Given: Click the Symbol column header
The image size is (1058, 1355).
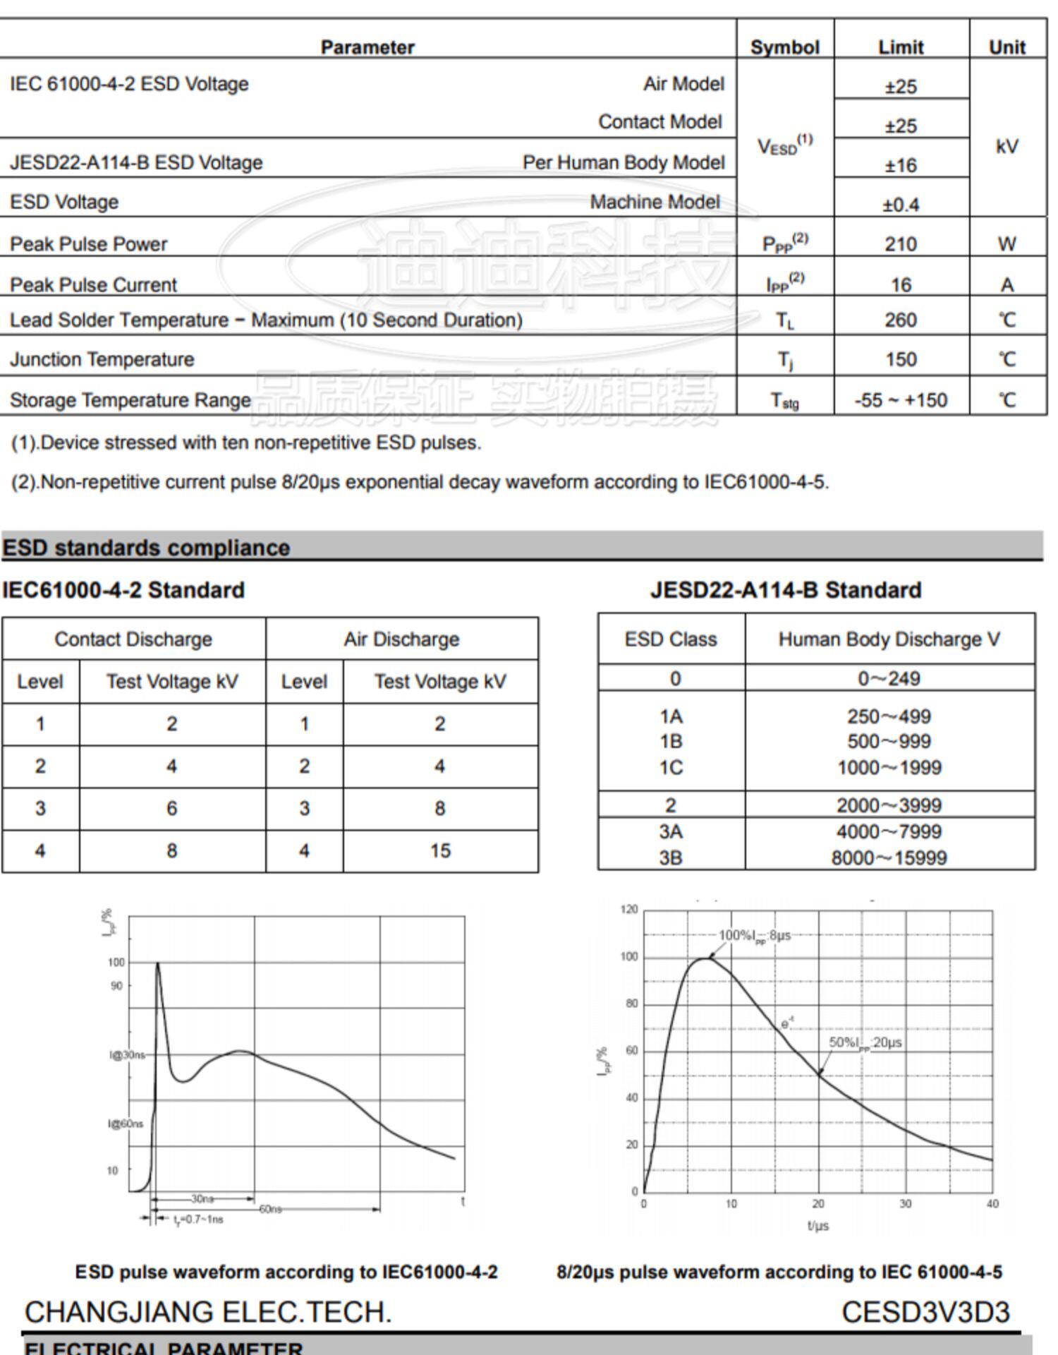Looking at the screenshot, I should click(784, 47).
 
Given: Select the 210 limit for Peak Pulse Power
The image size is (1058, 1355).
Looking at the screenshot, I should click(901, 244).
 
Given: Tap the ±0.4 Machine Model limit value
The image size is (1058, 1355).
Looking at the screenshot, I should click(901, 205).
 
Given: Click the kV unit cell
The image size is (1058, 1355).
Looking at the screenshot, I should click(1007, 146).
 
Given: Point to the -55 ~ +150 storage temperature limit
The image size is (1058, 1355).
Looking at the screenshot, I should click(901, 400).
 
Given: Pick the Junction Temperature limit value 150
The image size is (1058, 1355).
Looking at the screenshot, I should click(901, 359).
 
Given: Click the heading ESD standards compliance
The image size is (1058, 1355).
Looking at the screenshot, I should click(146, 548).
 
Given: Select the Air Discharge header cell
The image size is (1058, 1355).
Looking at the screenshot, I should click(401, 639).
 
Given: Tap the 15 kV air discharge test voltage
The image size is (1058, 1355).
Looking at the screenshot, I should click(440, 851).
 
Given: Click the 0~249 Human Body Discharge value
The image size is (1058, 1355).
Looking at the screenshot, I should click(889, 678).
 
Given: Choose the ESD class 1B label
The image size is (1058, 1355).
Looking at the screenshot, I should click(671, 742).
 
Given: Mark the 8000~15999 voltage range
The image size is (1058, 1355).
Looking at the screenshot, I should click(889, 858).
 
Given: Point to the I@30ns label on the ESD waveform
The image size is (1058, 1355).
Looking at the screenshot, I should click(127, 1055).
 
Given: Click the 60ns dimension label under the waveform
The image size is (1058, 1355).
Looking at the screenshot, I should click(271, 1210).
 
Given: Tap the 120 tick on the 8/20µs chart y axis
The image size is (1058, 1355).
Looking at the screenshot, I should click(629, 910).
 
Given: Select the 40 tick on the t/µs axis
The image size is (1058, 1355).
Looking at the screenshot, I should click(992, 1204).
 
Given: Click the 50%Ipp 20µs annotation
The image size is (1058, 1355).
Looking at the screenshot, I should click(865, 1043).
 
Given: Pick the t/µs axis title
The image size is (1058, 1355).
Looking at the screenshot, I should click(818, 1226).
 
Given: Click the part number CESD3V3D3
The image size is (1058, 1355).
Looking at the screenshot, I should click(925, 1313).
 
